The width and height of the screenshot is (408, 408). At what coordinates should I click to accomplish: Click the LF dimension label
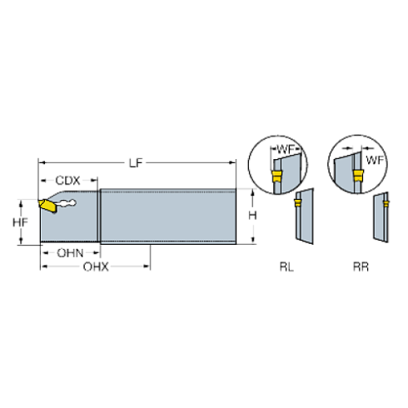(x=136, y=162)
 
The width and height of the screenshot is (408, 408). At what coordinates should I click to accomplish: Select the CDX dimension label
(x=68, y=181)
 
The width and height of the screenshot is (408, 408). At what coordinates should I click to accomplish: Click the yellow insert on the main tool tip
(x=42, y=204)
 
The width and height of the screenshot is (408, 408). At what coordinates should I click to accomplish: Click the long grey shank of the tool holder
(x=167, y=216)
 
